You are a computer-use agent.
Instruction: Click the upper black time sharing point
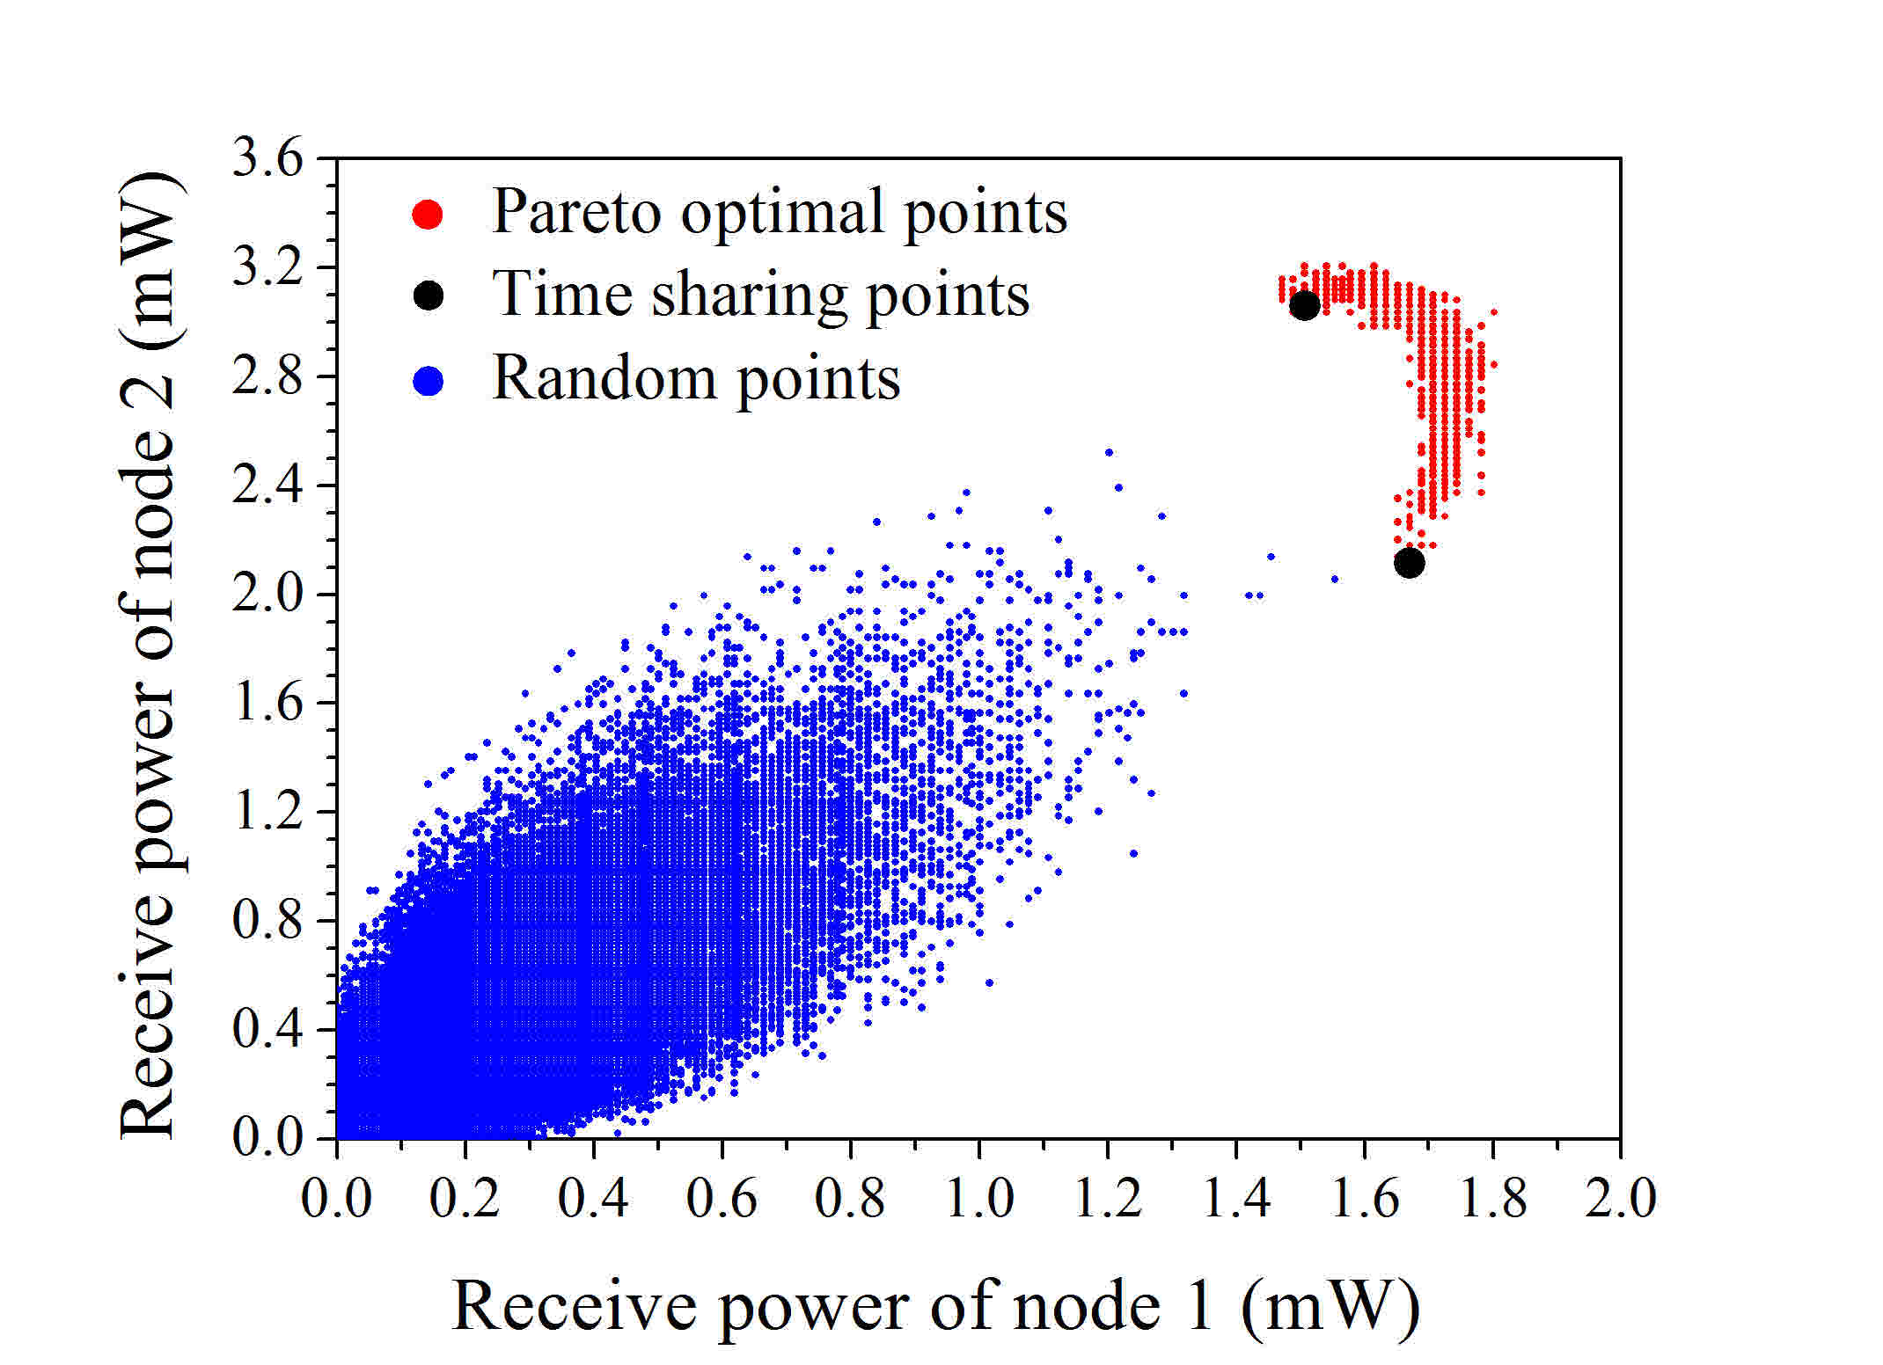1304,305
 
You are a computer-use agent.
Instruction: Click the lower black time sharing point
1409,563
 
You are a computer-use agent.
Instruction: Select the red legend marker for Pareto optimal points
429,214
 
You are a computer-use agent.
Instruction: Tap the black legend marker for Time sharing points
429,296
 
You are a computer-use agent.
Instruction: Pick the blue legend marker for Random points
429,381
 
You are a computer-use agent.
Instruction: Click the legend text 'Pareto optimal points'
779,212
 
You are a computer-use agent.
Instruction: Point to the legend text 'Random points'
696,379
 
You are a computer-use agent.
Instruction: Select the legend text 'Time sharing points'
760,294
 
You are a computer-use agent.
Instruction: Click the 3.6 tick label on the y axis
267,159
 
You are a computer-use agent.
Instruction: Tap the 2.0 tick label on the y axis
267,595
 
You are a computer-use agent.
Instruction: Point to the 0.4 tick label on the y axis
267,1029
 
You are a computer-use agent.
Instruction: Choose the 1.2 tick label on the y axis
267,812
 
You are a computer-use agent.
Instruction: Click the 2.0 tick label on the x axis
1620,1198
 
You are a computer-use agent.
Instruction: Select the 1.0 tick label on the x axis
978,1198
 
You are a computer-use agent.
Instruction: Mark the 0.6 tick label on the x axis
722,1198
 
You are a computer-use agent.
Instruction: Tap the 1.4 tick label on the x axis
1235,1198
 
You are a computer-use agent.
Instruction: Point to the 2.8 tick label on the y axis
267,376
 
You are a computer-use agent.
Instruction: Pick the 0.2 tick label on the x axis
465,1198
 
